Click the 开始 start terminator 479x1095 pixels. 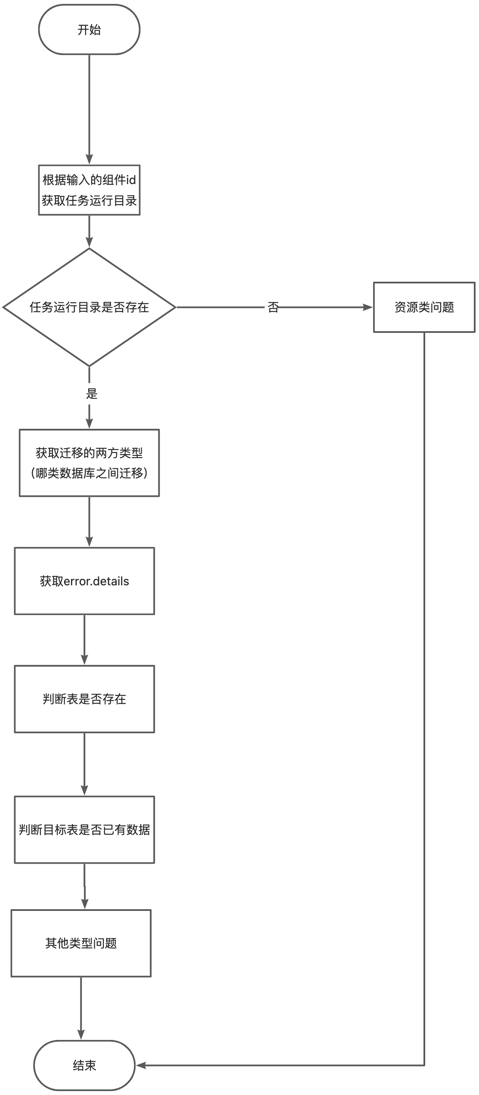tap(89, 30)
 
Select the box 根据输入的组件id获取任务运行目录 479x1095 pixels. tap(89, 190)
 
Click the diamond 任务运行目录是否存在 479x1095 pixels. tap(89, 307)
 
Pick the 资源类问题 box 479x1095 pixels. tap(424, 307)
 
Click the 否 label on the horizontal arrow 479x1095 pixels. tap(273, 308)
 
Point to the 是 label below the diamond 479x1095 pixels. tap(92, 394)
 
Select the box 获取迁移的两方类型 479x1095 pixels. tap(89, 463)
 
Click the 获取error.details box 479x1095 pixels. tap(84, 581)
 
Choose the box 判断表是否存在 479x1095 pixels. tap(84, 699)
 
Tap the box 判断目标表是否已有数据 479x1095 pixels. tap(84, 830)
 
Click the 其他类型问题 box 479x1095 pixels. tap(81, 943)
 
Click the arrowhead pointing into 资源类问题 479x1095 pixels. tap(368, 308)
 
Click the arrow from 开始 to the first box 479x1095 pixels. tap(89, 108)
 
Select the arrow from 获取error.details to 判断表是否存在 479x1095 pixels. tap(84, 639)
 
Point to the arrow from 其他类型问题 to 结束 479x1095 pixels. tap(81, 1006)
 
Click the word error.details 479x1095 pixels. tap(96, 581)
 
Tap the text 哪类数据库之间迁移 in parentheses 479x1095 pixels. tap(89, 474)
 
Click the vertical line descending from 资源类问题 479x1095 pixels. tap(424, 688)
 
